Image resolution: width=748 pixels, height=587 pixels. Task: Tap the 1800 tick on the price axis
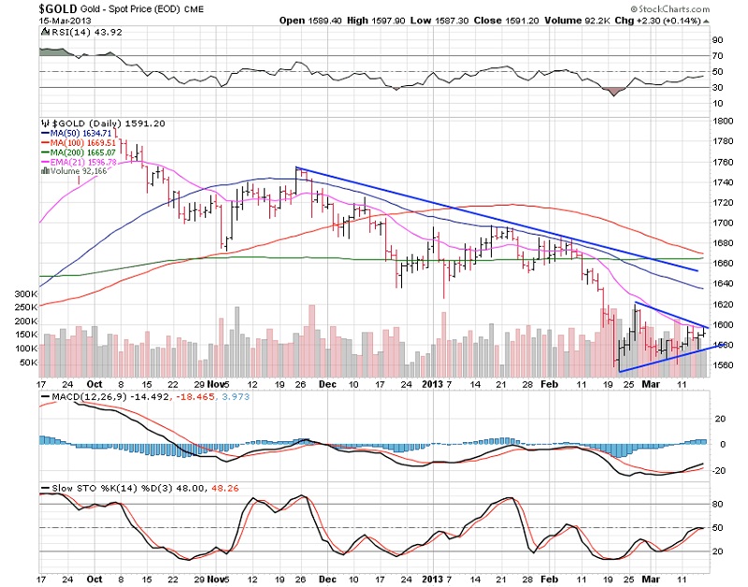724,122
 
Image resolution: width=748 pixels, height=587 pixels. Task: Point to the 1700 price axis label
724,223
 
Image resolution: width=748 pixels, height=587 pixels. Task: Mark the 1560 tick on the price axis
724,365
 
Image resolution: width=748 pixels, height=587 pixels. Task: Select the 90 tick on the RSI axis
718,40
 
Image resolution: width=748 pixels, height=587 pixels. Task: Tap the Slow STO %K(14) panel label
89,491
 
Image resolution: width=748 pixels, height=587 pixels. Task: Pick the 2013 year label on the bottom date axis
432,383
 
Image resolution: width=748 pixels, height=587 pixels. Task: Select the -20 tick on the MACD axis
720,470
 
